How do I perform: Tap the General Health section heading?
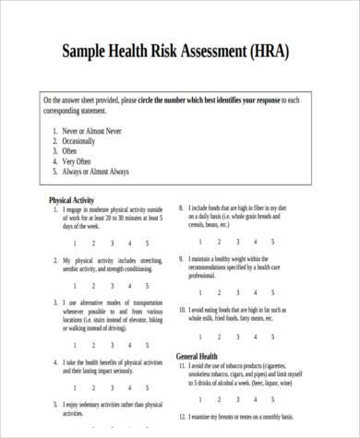pos(204,355)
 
